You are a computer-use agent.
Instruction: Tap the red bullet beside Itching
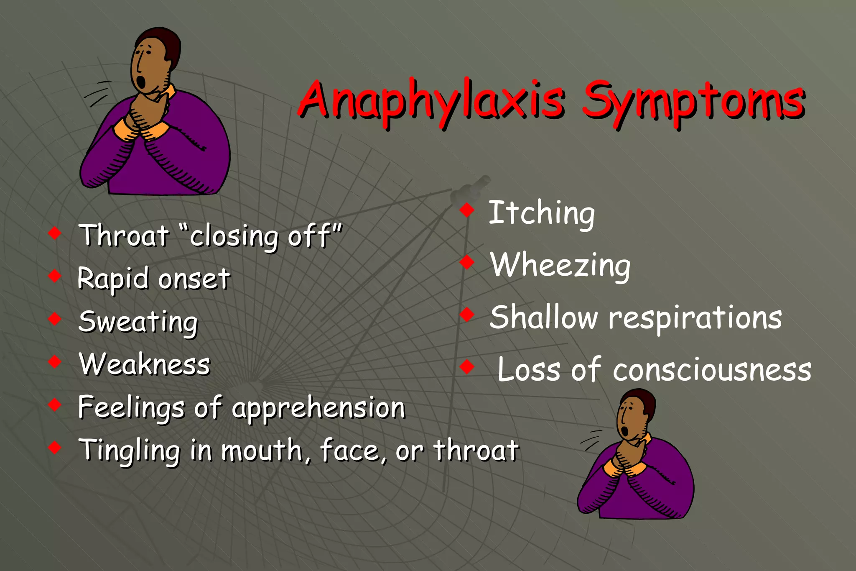(467, 210)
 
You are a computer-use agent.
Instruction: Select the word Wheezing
(560, 266)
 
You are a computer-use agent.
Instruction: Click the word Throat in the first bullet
(124, 236)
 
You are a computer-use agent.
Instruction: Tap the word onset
(194, 279)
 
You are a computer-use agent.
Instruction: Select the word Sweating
(138, 322)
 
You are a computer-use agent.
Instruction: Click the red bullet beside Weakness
(55, 361)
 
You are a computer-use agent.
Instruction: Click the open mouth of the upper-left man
(142, 82)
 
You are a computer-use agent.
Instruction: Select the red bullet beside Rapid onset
(55, 276)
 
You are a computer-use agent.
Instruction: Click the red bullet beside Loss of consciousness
(467, 367)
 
